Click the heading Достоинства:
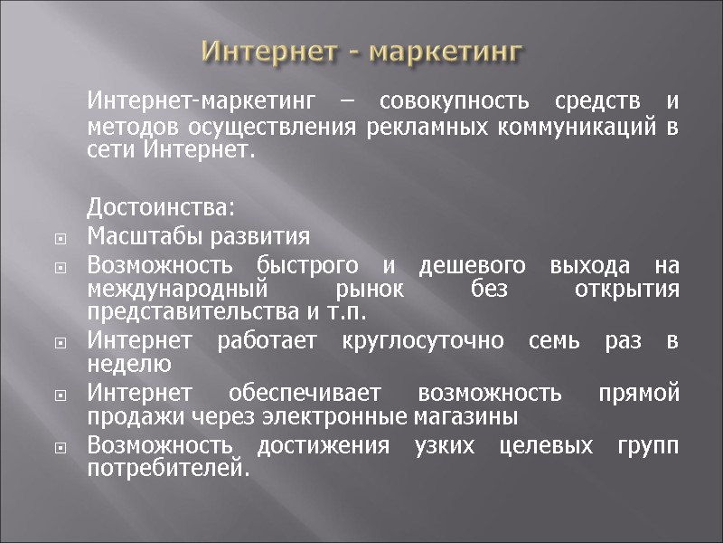[x=161, y=210]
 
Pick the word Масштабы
[x=134, y=238]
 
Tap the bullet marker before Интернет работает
[x=61, y=345]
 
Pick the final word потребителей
[x=166, y=469]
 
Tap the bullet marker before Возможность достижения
[x=61, y=449]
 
